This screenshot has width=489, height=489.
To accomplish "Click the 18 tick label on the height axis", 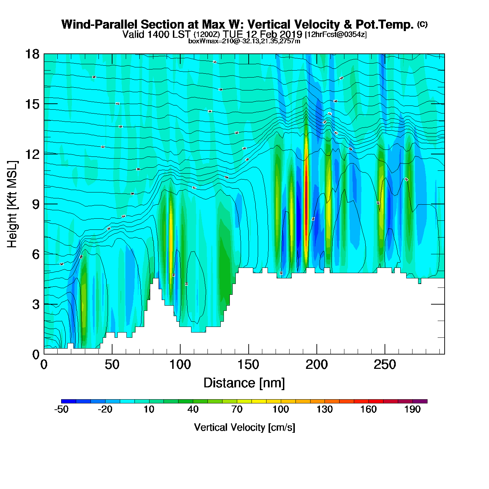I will [x=32, y=54].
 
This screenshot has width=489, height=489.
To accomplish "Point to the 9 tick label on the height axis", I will [x=36, y=204].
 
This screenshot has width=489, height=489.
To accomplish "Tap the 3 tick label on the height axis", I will [x=36, y=305].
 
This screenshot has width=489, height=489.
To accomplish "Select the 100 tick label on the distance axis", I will [x=180, y=365].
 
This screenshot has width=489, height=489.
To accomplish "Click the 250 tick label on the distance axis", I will [x=385, y=365].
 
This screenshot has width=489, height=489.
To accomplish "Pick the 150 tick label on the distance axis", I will [x=248, y=365].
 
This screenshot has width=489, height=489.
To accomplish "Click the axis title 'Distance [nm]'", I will [x=244, y=383].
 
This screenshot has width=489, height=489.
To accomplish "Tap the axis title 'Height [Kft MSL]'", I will [x=12, y=204].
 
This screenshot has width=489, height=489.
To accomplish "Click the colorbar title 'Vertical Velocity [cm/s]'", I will [x=245, y=427].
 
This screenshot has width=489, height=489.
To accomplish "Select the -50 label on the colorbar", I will [x=61, y=409].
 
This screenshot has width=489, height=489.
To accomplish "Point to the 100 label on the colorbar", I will [x=280, y=409].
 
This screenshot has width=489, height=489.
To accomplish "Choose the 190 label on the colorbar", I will [x=413, y=409].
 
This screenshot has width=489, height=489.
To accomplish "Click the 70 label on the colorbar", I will [x=237, y=409].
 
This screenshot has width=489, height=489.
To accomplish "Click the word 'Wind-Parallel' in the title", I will [x=100, y=24].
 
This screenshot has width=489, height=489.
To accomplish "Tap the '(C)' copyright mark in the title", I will [x=422, y=24].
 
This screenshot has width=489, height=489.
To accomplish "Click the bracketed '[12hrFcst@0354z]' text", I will [x=336, y=35].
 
